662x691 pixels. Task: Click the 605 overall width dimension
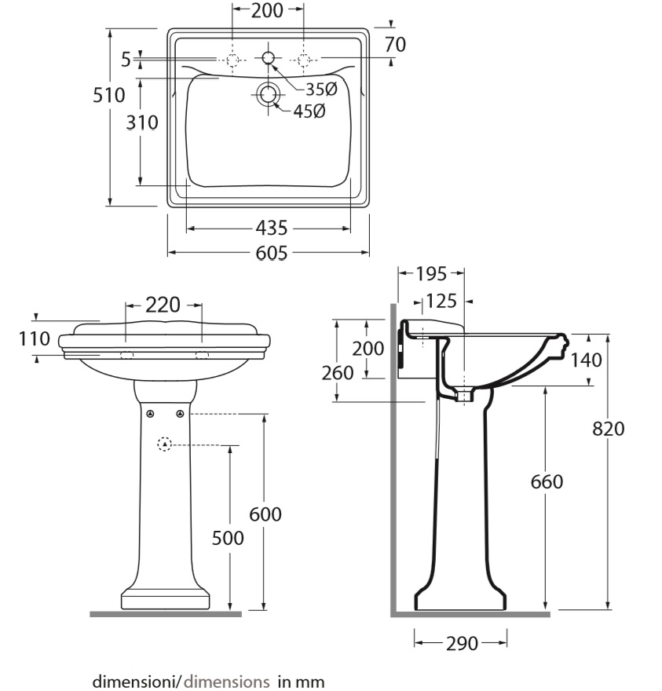(x=272, y=253)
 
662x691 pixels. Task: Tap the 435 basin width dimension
(x=272, y=229)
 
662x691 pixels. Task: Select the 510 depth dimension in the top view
(x=109, y=95)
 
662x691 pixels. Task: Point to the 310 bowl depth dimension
(x=142, y=122)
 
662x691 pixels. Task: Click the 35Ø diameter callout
(x=321, y=90)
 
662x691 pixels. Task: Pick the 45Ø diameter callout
(x=309, y=112)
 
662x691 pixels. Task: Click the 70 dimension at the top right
(x=395, y=45)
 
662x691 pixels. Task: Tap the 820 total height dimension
(x=609, y=429)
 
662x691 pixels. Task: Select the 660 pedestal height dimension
(x=547, y=481)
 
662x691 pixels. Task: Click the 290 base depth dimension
(x=462, y=643)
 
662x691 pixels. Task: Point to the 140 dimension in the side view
(x=586, y=360)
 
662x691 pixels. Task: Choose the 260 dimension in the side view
(x=337, y=373)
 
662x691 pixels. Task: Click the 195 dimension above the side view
(x=431, y=274)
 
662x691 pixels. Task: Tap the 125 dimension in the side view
(x=441, y=302)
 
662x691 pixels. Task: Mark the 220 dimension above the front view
(x=163, y=305)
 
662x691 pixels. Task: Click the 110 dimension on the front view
(x=35, y=339)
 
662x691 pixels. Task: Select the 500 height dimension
(x=228, y=538)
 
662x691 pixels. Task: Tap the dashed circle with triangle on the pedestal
(x=164, y=444)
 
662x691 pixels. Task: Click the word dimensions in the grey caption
(x=226, y=682)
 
